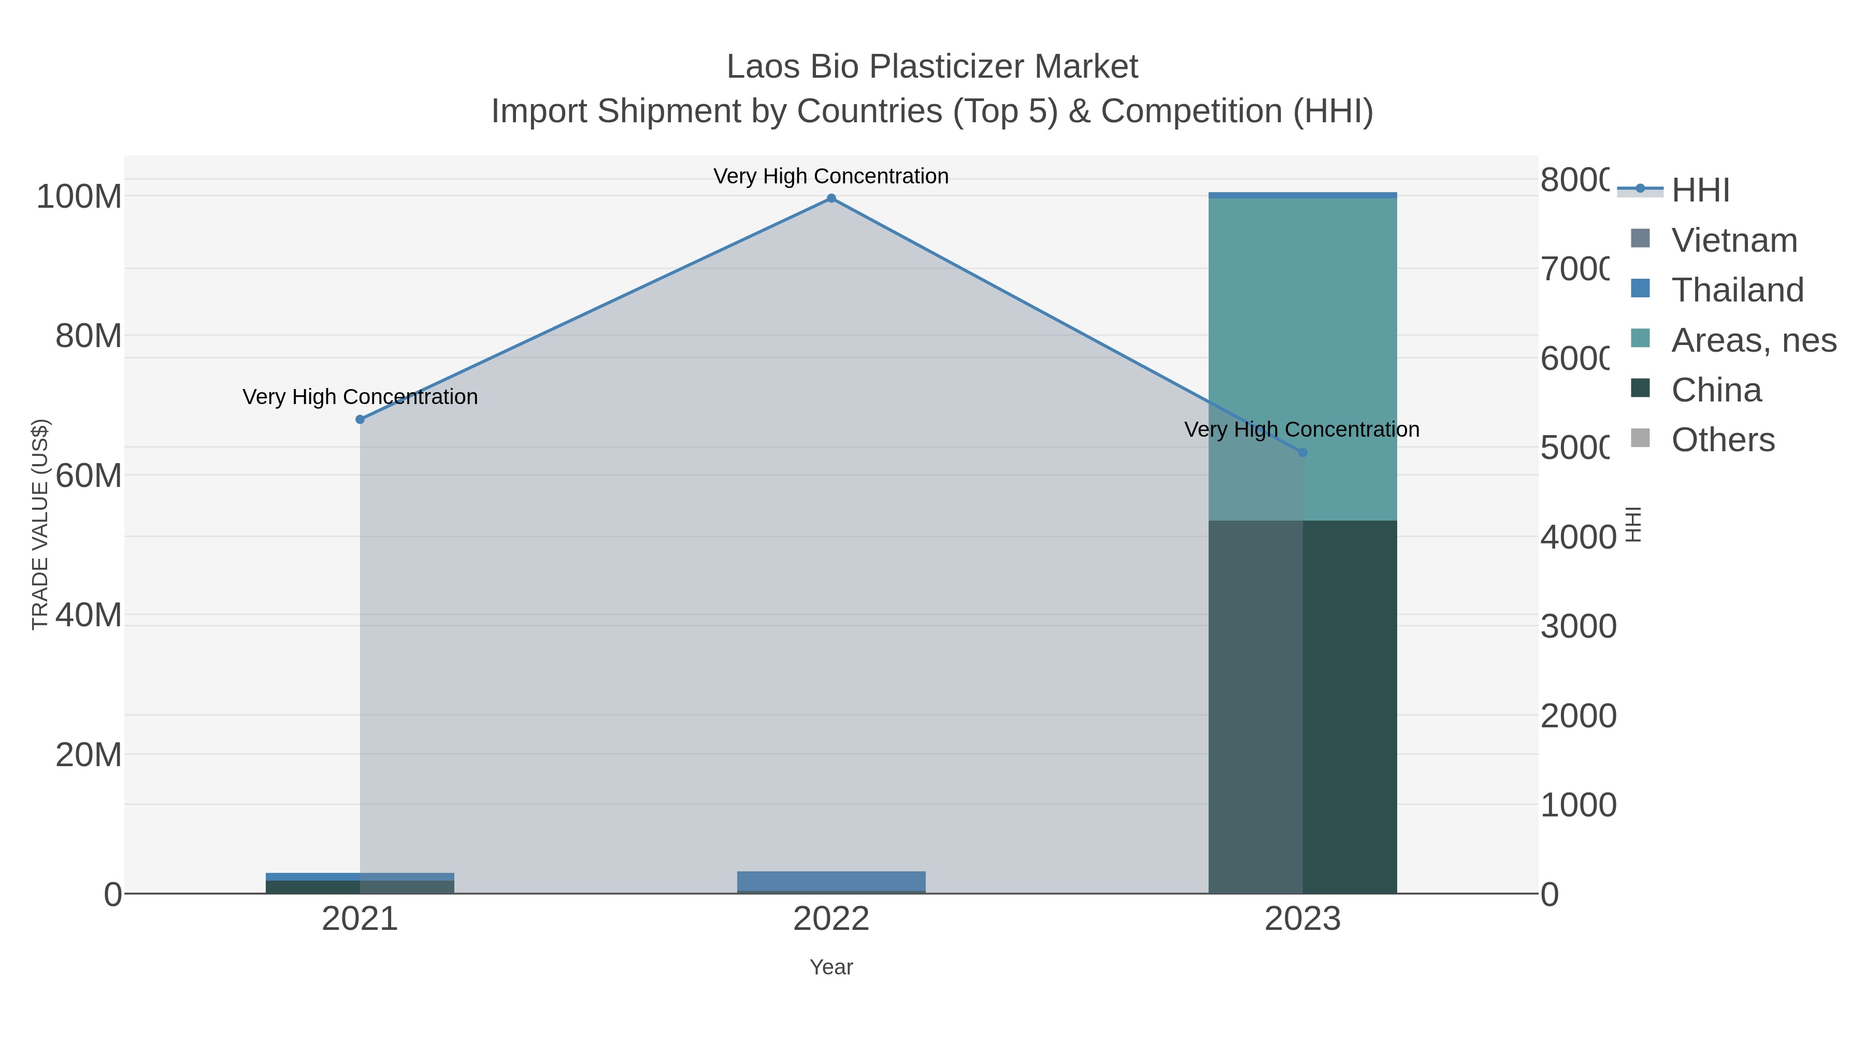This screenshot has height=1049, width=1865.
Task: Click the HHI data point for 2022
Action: click(x=831, y=198)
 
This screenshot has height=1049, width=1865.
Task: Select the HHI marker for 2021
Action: click(x=360, y=419)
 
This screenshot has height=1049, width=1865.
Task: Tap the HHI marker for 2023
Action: click(x=1302, y=452)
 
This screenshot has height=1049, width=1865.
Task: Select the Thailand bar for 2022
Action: click(x=831, y=881)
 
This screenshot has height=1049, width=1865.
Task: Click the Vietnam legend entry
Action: click(x=1734, y=240)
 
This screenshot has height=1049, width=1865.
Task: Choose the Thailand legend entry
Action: click(x=1737, y=290)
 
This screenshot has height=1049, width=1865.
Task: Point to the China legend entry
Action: click(x=1716, y=390)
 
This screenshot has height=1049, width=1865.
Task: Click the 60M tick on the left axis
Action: click(x=88, y=476)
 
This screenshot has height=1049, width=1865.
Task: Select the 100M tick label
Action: click(x=79, y=196)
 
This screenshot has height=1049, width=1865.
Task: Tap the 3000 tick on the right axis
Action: click(x=1577, y=626)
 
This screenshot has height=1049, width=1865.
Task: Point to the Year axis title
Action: click(x=831, y=967)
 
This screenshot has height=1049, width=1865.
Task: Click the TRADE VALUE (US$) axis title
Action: click(x=40, y=524)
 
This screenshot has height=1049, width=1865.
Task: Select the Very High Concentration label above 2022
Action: click(x=831, y=176)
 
